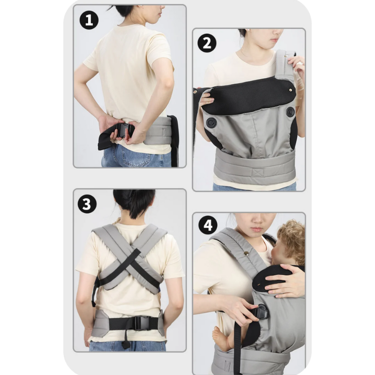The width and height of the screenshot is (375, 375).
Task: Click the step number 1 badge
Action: [89, 20]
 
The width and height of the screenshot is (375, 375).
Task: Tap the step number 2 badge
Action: [207, 43]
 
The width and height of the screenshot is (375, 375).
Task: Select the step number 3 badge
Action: [87, 204]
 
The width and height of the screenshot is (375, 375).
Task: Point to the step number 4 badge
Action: [208, 225]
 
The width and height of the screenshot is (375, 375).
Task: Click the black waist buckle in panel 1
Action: [123, 130]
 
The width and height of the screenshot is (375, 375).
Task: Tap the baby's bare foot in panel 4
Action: [218, 334]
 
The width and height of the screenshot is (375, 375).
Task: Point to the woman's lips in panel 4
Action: [256, 229]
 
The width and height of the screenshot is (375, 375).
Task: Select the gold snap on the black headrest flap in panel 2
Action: [291, 90]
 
